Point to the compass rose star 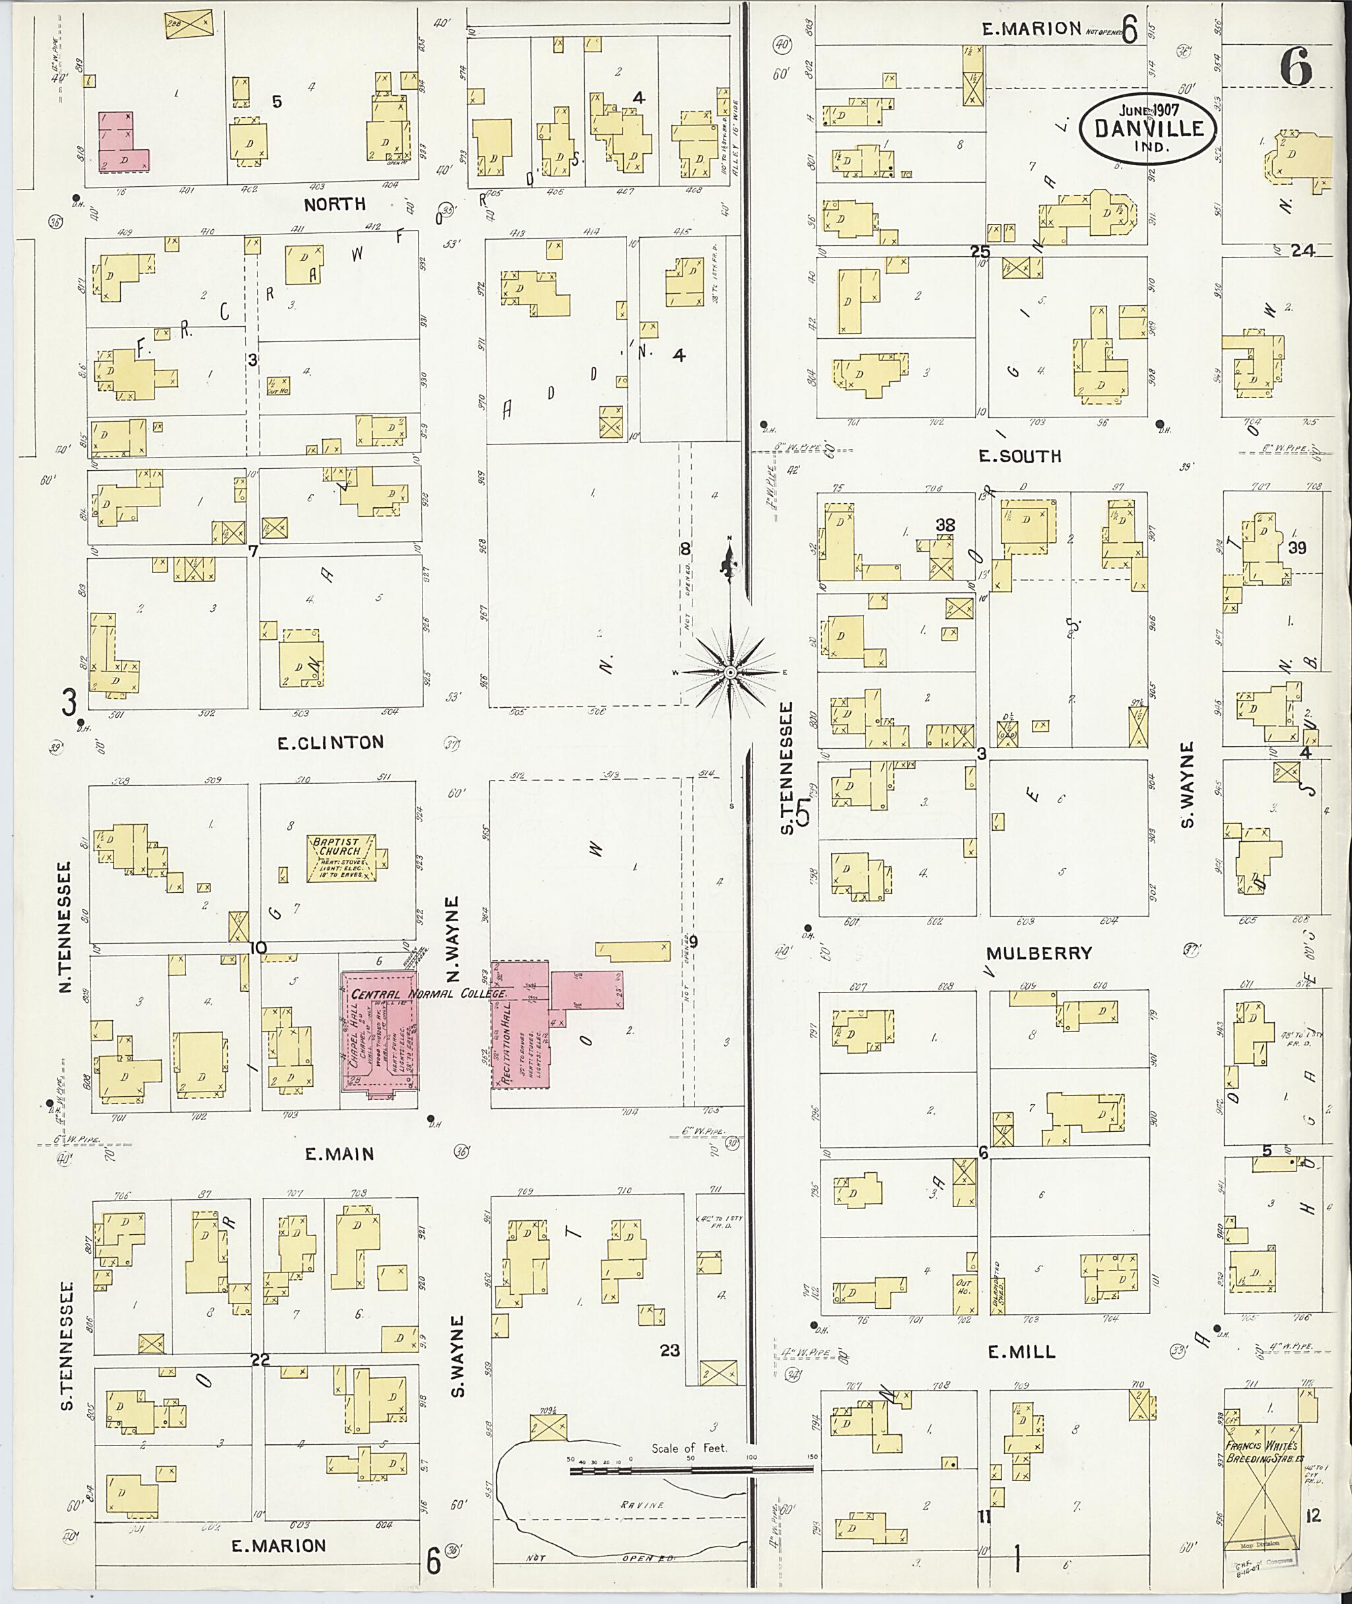[x=729, y=672]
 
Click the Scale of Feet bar [x=690, y=1470]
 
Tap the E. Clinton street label [x=330, y=742]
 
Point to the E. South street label [x=1019, y=456]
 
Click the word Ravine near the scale [x=642, y=1504]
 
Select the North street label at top [x=334, y=204]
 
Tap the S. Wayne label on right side [x=1187, y=785]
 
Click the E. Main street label [x=339, y=1153]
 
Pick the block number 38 [x=945, y=524]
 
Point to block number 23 [x=669, y=1350]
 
